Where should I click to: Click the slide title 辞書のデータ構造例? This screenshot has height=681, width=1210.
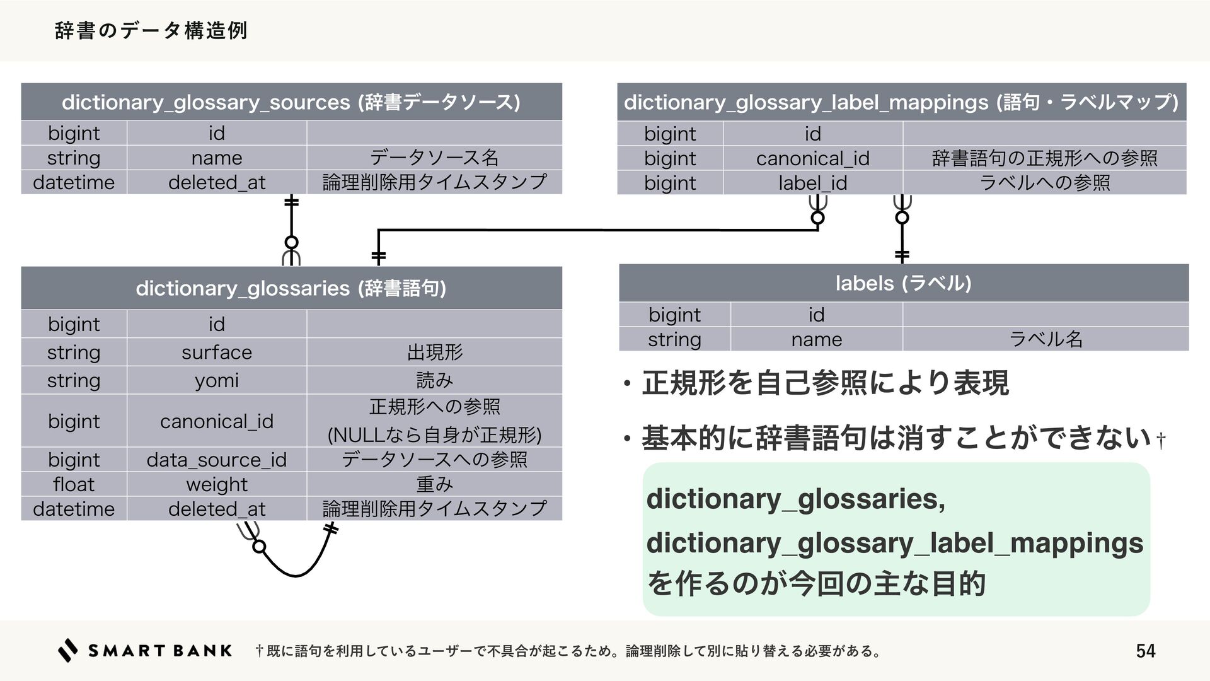click(151, 30)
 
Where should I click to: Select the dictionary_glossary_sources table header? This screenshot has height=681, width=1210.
click(291, 102)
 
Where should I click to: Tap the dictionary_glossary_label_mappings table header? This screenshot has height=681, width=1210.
click(901, 102)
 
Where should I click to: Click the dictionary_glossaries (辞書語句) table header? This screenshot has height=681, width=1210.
click(291, 288)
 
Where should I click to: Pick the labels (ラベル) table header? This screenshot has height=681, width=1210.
click(903, 283)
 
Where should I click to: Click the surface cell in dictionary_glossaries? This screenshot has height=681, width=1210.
click(217, 352)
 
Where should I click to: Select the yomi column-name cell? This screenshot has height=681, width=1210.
click(217, 380)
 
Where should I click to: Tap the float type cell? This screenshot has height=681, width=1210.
click(74, 484)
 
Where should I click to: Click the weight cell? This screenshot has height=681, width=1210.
click(217, 484)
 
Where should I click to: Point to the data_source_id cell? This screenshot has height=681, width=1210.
click(217, 460)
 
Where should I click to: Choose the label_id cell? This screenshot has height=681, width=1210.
click(812, 183)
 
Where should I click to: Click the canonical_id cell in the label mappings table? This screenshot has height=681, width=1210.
click(812, 158)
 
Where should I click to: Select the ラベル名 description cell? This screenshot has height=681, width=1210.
click(1046, 339)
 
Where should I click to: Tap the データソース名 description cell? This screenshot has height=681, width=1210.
click(434, 158)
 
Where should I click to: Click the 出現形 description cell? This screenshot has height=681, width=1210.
click(434, 352)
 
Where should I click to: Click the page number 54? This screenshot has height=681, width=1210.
click(1145, 651)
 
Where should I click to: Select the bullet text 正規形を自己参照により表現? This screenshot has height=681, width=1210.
click(825, 383)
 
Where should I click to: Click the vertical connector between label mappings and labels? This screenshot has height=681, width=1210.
click(902, 236)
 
